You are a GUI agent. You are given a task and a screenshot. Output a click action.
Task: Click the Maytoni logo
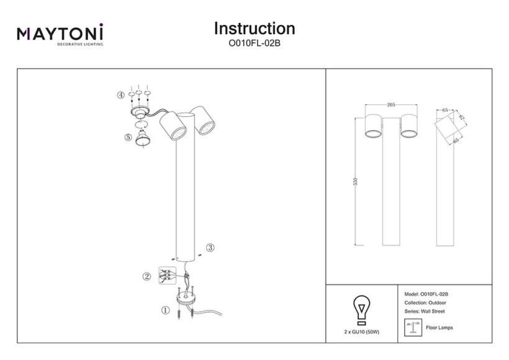(x=60, y=35)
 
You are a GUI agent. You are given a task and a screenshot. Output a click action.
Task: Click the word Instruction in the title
(x=254, y=29)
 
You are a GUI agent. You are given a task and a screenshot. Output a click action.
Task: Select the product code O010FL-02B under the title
(x=254, y=44)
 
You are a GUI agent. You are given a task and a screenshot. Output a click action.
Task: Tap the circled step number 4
(x=120, y=96)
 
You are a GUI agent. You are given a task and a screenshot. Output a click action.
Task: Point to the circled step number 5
(x=128, y=137)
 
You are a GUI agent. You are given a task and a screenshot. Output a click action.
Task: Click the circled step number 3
(x=210, y=248)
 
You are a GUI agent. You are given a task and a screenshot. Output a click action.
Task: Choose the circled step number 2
(x=146, y=276)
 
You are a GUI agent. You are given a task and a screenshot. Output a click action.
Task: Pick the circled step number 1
(x=164, y=309)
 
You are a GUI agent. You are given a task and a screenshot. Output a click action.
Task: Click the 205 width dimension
(x=390, y=105)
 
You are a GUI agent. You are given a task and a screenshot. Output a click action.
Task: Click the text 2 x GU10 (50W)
(x=361, y=333)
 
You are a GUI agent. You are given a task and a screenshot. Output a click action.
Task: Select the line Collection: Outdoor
(x=425, y=302)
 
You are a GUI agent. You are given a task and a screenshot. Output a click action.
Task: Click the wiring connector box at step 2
(x=166, y=276)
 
